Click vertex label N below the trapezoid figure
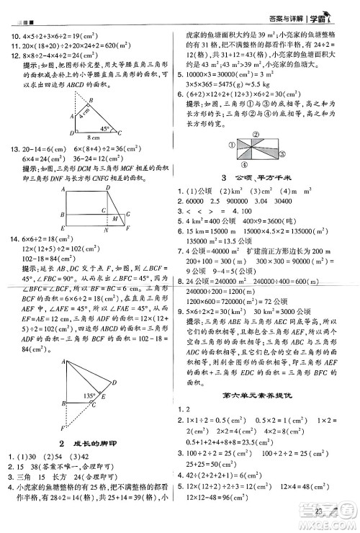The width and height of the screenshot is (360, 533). (106, 230)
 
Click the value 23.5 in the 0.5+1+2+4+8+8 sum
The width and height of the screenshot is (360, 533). (264, 442)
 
